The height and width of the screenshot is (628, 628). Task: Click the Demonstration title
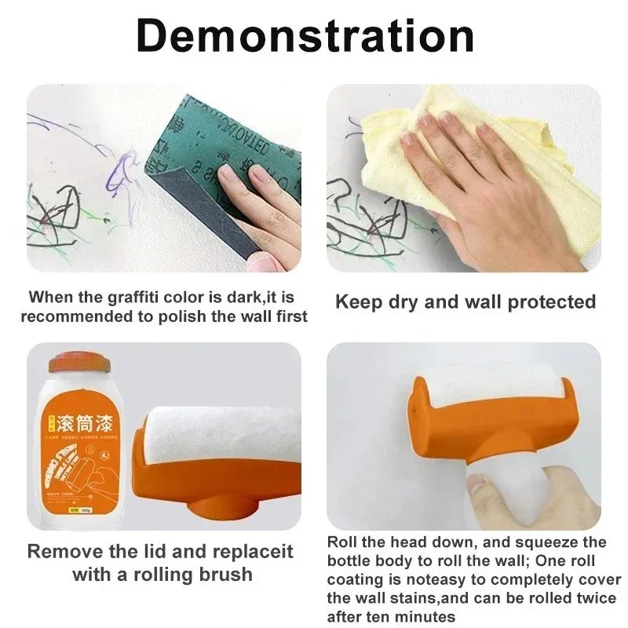305,35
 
